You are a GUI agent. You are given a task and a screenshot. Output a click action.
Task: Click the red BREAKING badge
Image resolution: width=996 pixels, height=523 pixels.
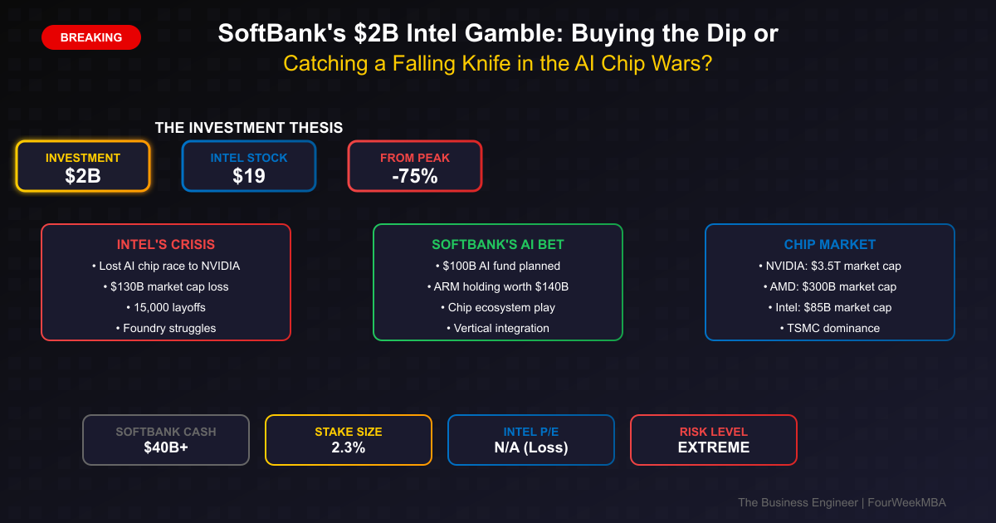click(x=91, y=37)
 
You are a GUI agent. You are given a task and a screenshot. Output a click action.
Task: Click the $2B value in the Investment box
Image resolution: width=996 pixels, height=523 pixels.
click(x=83, y=175)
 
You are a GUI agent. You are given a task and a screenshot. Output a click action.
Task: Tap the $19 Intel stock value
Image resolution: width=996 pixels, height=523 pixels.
click(x=248, y=175)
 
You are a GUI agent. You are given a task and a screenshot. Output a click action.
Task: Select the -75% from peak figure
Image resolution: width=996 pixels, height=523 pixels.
click(x=414, y=175)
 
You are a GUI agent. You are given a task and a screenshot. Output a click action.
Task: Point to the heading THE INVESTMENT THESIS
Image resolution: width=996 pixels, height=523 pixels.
click(x=249, y=128)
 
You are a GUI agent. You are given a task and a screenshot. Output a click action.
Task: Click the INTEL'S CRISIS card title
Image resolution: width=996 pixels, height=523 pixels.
click(x=166, y=244)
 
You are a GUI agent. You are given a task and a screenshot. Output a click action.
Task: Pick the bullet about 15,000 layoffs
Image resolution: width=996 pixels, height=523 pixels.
click(x=166, y=307)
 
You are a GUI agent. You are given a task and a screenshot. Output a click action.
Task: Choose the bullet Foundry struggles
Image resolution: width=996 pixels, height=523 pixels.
click(x=166, y=328)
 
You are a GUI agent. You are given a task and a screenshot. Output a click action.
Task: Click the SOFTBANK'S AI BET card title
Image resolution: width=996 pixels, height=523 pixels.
click(x=498, y=244)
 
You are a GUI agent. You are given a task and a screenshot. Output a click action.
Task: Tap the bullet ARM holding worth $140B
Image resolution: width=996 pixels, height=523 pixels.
click(x=498, y=286)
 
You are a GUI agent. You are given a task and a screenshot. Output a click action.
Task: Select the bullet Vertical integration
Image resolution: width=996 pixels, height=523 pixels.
click(x=498, y=328)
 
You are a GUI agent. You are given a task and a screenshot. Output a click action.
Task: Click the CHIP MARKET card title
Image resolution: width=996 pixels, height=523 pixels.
click(x=830, y=244)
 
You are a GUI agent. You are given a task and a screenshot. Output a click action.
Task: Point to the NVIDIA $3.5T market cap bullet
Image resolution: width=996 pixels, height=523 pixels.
click(x=830, y=266)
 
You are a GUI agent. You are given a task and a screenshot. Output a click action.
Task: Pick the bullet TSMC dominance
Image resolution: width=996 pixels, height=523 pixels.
click(x=830, y=328)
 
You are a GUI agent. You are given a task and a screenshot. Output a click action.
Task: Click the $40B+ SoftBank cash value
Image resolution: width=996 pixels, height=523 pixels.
click(x=166, y=447)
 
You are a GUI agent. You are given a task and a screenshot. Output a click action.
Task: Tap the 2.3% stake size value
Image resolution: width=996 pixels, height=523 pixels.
click(x=349, y=447)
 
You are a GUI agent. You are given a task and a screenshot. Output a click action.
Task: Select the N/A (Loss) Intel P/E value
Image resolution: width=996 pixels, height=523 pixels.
click(x=531, y=447)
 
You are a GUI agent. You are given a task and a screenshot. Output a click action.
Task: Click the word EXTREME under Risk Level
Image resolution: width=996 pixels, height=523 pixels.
click(x=714, y=447)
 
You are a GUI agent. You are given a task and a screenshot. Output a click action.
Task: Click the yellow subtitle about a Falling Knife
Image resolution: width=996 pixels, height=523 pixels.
click(x=498, y=64)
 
